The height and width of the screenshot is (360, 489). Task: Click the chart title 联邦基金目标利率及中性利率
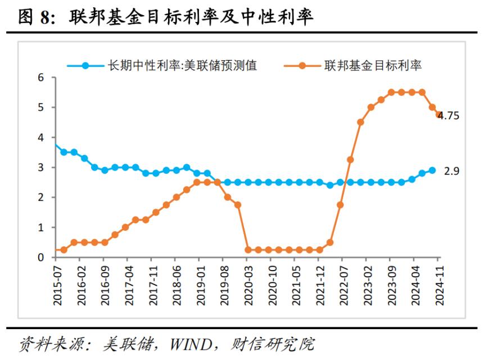191,18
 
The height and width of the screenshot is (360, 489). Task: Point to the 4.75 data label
449,116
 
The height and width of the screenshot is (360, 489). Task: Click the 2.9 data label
452,170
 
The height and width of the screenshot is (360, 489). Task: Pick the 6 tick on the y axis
40,78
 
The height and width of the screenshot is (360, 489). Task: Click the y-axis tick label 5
40,107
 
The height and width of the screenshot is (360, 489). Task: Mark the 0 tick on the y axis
40,258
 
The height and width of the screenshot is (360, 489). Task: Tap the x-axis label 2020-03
248,285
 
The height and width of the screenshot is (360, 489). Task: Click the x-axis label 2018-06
176,285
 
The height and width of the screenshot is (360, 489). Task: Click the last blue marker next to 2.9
432,170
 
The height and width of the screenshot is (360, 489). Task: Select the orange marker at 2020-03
248,250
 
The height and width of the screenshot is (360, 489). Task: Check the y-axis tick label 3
40,168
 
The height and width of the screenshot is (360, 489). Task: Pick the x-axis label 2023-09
391,285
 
